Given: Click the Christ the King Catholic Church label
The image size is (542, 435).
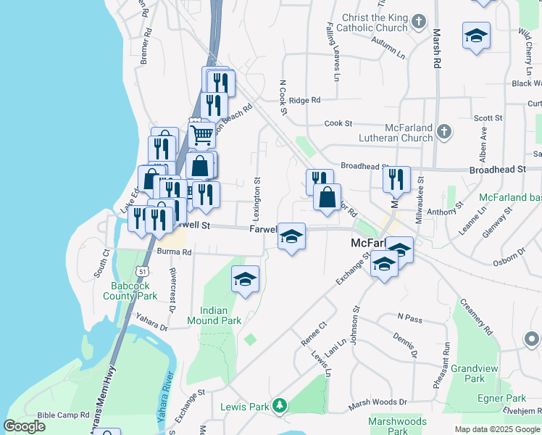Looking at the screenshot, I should (x=372, y=22).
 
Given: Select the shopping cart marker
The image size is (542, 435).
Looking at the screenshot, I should (x=201, y=133).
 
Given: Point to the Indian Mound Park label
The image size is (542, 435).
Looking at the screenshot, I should (x=214, y=315).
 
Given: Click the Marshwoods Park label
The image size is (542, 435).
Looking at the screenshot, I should (x=397, y=426).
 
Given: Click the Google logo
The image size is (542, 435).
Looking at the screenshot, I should (x=25, y=426).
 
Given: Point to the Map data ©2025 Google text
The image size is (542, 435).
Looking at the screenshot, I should (x=497, y=429).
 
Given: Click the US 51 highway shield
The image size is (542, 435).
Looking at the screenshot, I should (x=145, y=270).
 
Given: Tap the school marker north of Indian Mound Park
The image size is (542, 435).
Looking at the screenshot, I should (x=246, y=279).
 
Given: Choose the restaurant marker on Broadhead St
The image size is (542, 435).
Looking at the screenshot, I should (x=396, y=179).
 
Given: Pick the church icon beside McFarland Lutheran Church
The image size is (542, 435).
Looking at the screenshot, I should (x=444, y=133).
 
